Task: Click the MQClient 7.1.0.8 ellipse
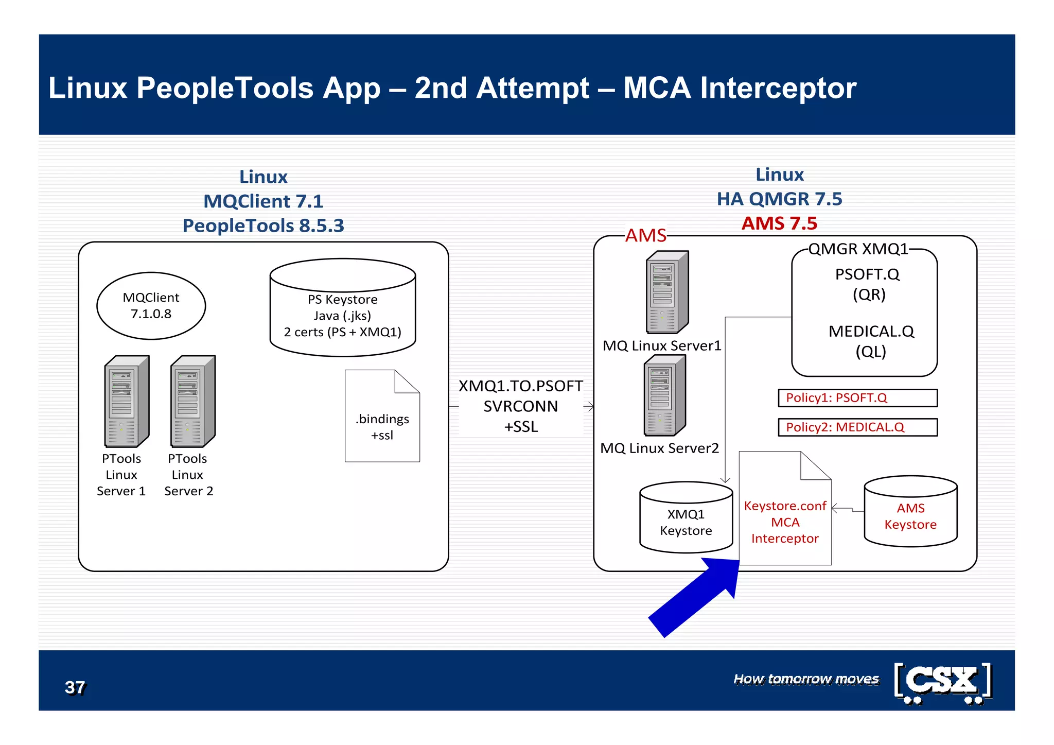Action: click(x=151, y=306)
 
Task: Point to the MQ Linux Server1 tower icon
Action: click(x=667, y=292)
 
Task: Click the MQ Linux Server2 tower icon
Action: click(x=664, y=396)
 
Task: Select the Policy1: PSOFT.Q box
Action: click(x=857, y=398)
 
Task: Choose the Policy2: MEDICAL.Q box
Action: click(x=857, y=427)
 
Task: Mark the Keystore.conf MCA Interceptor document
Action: click(x=784, y=515)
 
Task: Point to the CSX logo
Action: click(x=942, y=683)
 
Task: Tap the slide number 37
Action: click(x=75, y=687)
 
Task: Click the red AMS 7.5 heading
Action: click(x=779, y=223)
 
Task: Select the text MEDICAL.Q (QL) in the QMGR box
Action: click(x=871, y=341)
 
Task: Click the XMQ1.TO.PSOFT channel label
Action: click(x=520, y=386)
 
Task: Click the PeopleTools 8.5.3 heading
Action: click(x=263, y=226)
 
